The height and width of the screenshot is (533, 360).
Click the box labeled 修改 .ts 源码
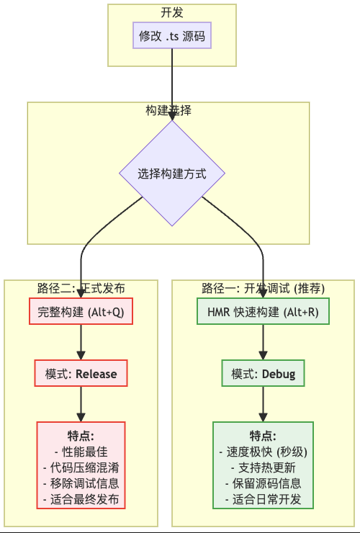[172, 35]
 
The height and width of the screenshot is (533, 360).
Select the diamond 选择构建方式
[172, 173]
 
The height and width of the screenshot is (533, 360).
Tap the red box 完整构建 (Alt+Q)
[81, 311]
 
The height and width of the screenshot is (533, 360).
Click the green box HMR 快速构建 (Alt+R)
[263, 311]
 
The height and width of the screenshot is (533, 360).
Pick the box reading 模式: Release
[81, 373]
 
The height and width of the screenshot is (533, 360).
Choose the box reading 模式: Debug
[263, 373]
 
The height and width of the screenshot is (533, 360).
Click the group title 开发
[172, 12]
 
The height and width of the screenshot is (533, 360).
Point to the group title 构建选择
[168, 110]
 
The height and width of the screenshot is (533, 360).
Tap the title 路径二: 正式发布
[81, 288]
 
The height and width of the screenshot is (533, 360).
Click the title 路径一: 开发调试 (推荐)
[263, 288]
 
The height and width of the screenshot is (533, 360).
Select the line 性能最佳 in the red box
[81, 452]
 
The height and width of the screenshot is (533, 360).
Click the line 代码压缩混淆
[81, 467]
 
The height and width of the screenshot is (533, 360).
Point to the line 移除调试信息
[81, 483]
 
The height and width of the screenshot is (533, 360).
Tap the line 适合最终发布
[81, 499]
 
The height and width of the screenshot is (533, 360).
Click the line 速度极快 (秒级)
[263, 452]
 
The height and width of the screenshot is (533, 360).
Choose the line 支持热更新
[263, 467]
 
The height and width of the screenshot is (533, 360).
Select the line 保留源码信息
[263, 483]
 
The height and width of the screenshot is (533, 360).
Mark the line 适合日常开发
[263, 499]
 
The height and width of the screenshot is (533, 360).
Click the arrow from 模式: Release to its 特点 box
[81, 404]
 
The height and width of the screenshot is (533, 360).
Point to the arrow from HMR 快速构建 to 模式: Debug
[263, 342]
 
